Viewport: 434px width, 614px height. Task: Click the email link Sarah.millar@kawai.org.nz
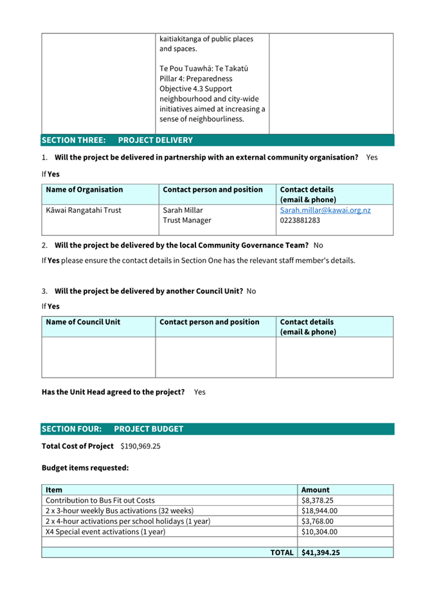coord(325,210)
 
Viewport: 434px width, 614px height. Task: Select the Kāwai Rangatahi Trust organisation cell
coord(84,210)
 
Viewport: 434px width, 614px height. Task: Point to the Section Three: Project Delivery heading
coord(117,140)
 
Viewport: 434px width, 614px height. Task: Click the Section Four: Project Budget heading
coord(113,429)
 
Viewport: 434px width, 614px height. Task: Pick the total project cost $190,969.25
coord(140,446)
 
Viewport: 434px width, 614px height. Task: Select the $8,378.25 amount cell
coord(319,500)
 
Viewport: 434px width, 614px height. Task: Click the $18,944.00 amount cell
coord(319,510)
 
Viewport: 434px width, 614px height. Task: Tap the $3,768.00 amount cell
coord(318,521)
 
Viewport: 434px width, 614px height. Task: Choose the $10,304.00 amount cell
coord(319,532)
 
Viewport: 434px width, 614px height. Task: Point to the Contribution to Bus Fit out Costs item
coord(100,500)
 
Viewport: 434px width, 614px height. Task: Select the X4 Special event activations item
coord(105,532)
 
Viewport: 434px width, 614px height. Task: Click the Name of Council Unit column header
coord(83,322)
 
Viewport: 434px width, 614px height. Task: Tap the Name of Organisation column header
coord(84,190)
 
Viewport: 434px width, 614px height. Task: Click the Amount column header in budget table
coord(315,490)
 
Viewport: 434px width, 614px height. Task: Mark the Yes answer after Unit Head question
coord(199,392)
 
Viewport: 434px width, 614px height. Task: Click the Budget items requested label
coord(85,468)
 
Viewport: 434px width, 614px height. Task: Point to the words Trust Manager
coord(187,221)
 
